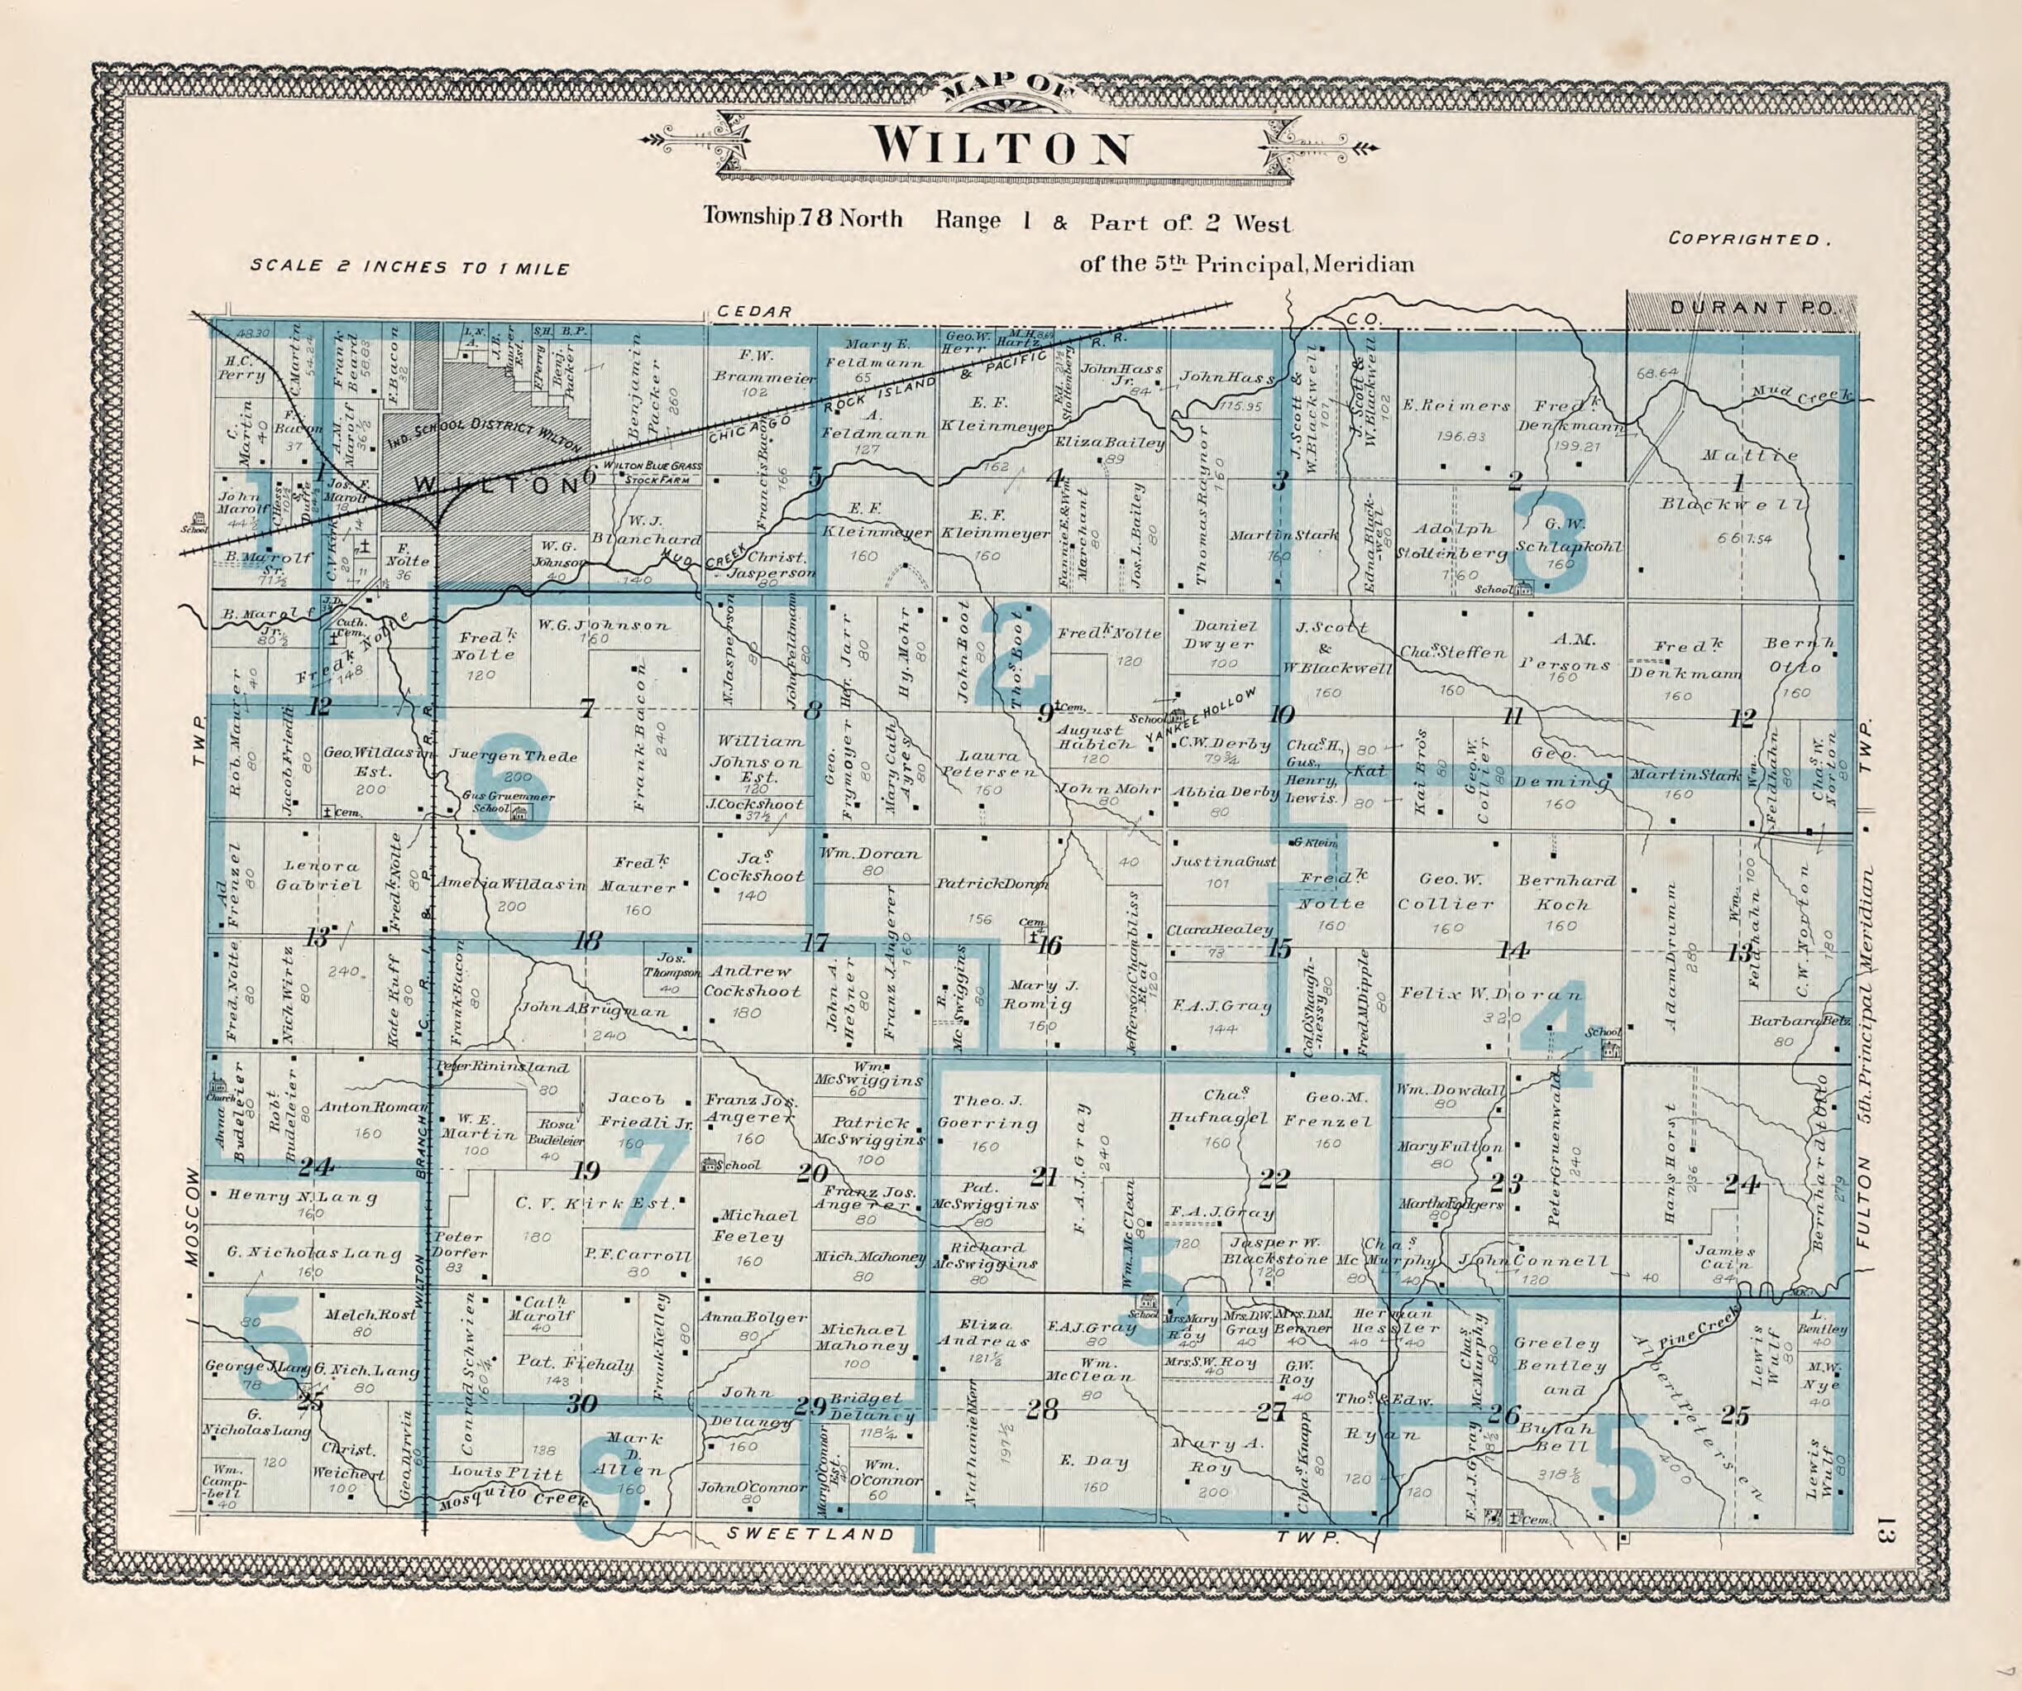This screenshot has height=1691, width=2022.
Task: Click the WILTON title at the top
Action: point(1002,146)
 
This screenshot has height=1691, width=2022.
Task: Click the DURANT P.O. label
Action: point(1741,308)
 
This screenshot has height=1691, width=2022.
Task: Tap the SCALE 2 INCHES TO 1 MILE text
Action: point(409,268)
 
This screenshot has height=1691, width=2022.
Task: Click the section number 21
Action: point(1044,1176)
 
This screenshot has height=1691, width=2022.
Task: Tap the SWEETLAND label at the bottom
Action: point(810,1534)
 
